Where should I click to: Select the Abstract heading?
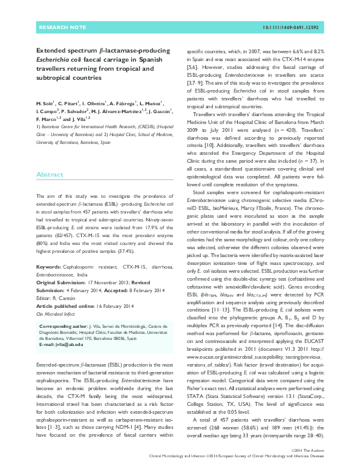tap(49, 174)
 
